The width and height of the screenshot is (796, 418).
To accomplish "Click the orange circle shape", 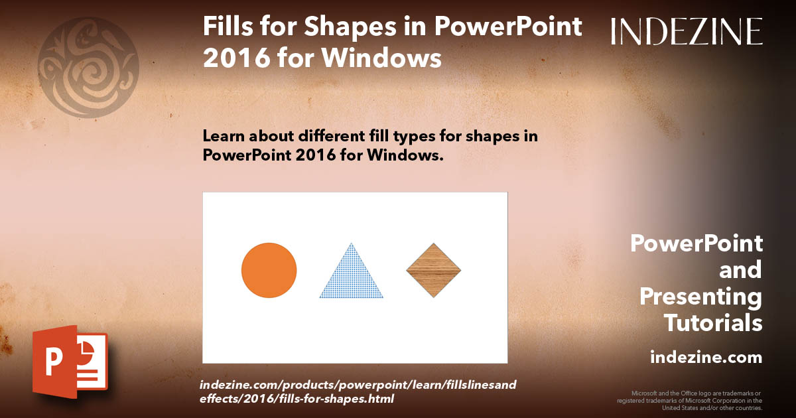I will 269,270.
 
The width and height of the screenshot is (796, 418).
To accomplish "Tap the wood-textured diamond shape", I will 433,270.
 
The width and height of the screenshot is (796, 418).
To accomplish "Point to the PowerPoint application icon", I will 70,361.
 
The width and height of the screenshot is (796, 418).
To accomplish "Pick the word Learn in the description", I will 222,137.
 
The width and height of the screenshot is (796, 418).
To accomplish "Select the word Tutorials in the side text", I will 713,323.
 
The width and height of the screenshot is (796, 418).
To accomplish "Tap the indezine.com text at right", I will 706,358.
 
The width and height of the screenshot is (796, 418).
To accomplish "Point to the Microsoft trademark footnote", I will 690,400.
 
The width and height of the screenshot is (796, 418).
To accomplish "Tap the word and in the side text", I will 740,270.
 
